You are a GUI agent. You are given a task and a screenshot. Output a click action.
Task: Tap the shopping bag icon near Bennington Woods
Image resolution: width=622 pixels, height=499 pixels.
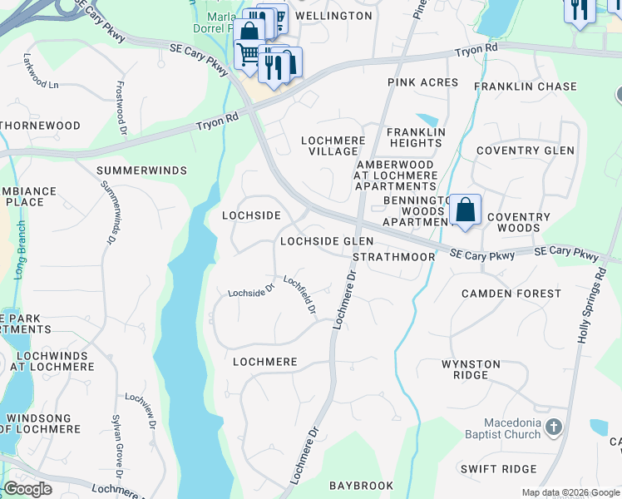pos(466,210)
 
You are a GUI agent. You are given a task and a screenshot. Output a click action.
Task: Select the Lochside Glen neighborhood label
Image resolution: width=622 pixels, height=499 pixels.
pos(327,241)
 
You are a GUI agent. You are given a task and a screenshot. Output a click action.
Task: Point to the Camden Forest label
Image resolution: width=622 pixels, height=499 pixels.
pos(511,294)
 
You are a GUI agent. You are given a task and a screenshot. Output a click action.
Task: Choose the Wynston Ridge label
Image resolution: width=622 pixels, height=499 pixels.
pos(471,369)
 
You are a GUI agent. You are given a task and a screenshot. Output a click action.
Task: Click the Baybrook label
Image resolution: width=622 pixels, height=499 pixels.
pos(360,484)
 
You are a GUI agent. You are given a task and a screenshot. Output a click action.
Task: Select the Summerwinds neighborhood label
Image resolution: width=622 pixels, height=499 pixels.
pos(141,170)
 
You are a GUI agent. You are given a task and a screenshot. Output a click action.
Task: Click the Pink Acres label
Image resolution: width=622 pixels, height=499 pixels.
pos(422,82)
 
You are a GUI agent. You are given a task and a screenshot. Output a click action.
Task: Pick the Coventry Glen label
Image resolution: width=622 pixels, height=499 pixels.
pos(525,151)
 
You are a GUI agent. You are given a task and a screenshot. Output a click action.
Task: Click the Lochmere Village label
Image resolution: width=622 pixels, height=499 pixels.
pos(333,146)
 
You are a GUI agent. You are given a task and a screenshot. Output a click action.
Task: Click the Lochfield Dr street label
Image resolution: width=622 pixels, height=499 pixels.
pos(300,295)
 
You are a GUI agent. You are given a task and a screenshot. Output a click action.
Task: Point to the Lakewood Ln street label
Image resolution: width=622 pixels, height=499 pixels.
pos(42,84)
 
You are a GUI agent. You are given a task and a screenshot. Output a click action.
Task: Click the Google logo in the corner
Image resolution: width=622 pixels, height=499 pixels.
pos(27,488)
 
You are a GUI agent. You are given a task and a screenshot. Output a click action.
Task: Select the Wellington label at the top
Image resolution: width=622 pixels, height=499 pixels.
pos(333,16)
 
